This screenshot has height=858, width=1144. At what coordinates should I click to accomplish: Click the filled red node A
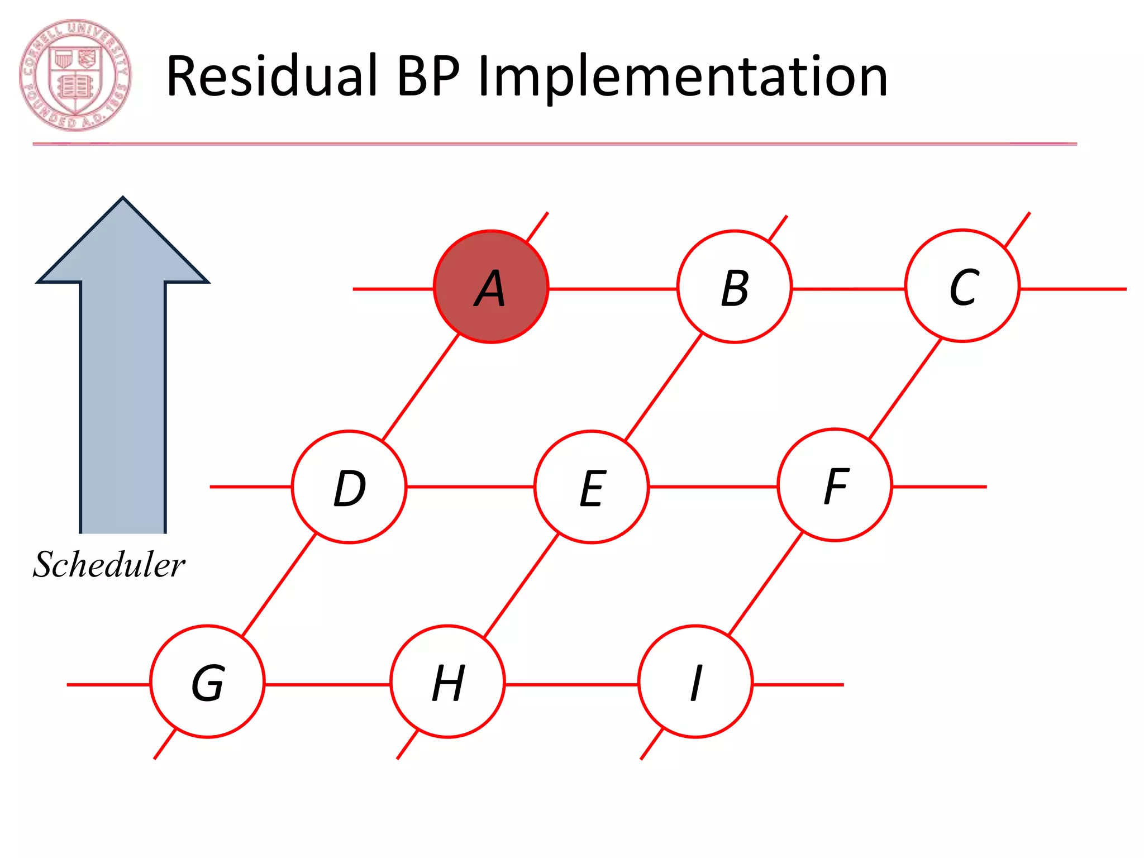(x=491, y=287)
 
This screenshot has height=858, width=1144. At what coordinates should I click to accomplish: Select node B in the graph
(x=734, y=287)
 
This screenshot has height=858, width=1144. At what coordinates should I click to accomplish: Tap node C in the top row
(x=962, y=285)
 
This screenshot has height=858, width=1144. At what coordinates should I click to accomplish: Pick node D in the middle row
(x=349, y=487)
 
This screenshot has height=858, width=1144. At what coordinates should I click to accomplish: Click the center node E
(x=592, y=487)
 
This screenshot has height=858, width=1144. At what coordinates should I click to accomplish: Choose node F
(x=835, y=485)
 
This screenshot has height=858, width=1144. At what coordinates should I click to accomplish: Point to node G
(x=207, y=681)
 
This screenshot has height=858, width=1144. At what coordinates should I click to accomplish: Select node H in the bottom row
(x=447, y=681)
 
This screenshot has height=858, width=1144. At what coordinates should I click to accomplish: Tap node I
(x=695, y=681)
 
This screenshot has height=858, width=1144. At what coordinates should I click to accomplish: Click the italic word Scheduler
(x=109, y=564)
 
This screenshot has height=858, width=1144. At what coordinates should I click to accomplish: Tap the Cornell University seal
(x=75, y=75)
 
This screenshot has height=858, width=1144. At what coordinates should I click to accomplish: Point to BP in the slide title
(x=428, y=77)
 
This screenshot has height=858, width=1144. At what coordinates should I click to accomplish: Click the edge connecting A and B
(x=613, y=289)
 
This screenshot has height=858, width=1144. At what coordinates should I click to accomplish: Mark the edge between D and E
(x=470, y=487)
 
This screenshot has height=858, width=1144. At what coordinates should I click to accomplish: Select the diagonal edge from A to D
(x=420, y=387)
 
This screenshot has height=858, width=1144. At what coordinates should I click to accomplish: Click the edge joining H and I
(x=571, y=684)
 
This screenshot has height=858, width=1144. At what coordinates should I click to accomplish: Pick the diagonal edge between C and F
(x=905, y=389)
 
